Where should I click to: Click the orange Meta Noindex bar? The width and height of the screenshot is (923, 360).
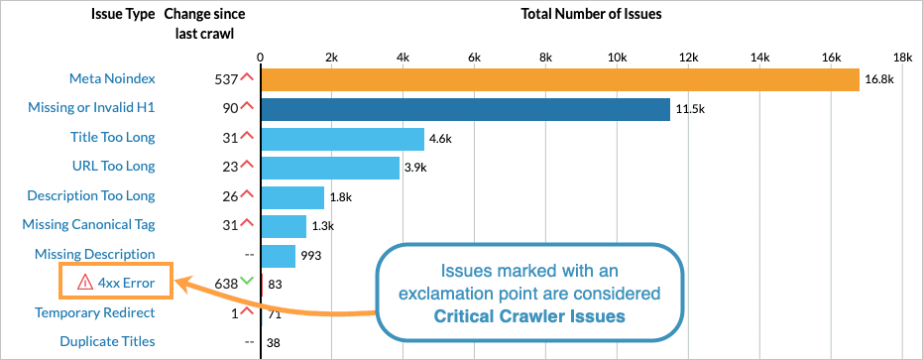point(559,79)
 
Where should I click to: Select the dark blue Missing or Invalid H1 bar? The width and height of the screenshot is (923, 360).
point(465,109)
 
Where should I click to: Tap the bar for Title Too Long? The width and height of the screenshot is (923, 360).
point(342,138)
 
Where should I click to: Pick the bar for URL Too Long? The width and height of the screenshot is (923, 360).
point(329,167)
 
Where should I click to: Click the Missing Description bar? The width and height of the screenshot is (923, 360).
point(278,255)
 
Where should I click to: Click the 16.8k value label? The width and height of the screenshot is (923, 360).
point(878,79)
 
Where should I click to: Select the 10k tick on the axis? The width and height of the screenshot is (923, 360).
point(617,57)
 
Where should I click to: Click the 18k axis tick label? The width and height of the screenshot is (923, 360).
point(901,57)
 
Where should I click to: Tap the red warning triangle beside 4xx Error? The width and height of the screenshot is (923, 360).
point(84,284)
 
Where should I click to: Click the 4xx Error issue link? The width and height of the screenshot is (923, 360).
point(126,284)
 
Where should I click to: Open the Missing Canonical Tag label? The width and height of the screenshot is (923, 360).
point(88,225)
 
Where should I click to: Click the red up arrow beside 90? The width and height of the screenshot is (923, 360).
point(247,106)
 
